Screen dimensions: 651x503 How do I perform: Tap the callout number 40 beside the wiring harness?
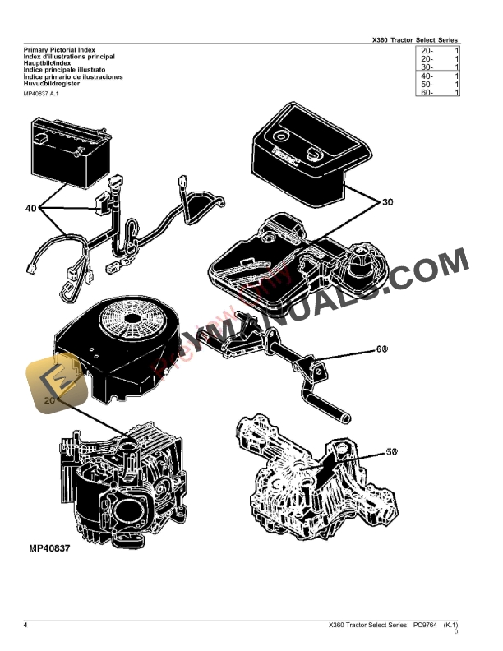pos(30,209)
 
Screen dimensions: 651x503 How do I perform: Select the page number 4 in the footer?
pos(25,626)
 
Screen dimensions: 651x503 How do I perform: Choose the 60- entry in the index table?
pos(427,93)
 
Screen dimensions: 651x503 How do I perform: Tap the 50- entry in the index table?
pos(427,85)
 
